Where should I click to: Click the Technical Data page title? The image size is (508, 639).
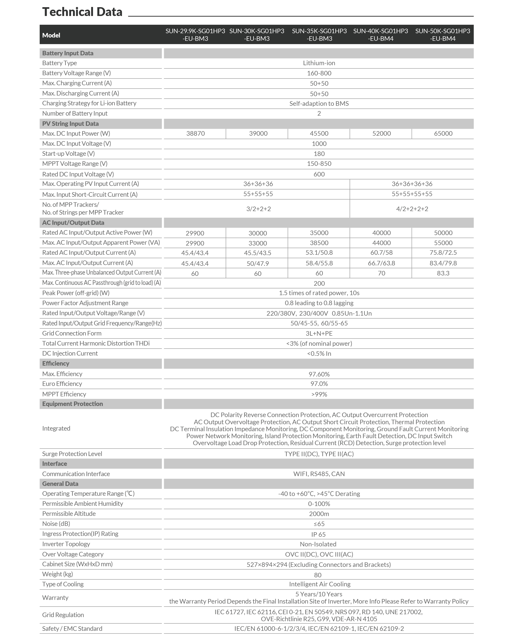coord(82,12)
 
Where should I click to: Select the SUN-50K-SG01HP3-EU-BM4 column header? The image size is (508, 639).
coord(442,35)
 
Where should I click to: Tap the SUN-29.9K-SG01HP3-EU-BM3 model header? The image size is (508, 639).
coord(195,35)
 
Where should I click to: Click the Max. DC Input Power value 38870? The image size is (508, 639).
coord(195,133)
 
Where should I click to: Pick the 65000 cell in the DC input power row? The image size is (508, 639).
coord(443,133)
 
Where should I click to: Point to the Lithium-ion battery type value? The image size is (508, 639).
coord(319,63)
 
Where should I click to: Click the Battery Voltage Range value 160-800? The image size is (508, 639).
coord(319,73)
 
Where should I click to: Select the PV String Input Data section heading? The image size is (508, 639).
coord(70,124)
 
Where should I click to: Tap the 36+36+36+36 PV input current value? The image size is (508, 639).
coord(412,184)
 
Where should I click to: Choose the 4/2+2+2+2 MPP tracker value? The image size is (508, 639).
coord(412,209)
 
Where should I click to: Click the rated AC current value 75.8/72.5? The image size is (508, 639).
coord(443,252)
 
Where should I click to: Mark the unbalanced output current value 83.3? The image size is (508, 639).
coord(443,273)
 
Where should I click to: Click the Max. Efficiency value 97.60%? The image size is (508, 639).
coord(319,374)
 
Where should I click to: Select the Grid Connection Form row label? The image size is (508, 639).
coord(72,333)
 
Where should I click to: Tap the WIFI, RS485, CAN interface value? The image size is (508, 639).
coord(319,474)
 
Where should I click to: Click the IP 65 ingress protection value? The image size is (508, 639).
coord(319,534)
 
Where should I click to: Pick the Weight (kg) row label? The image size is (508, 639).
coord(58,574)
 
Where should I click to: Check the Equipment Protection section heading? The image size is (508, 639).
coord(73,404)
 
